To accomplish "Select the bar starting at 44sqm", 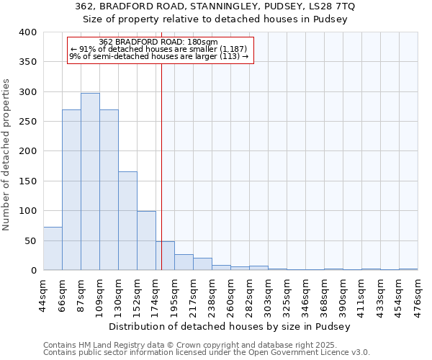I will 53,248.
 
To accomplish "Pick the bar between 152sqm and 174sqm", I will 146,240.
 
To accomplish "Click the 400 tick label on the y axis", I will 27,32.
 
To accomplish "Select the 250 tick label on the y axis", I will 27,122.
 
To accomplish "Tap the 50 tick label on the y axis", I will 30,240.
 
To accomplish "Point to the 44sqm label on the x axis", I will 44,295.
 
